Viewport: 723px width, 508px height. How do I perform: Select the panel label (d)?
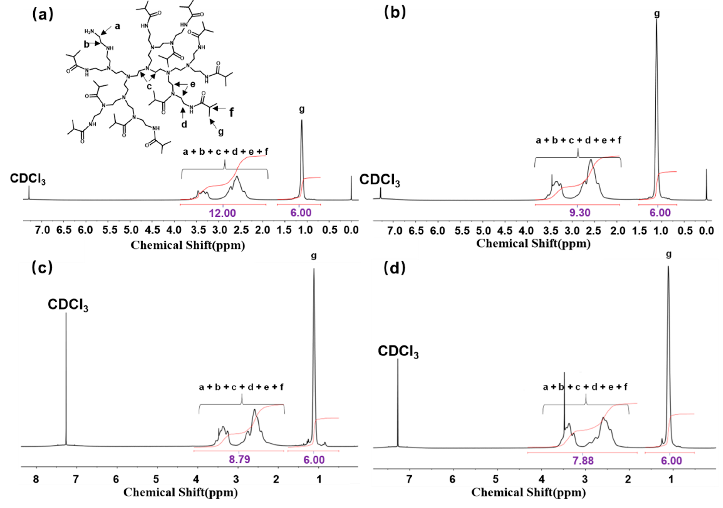(x=395, y=268)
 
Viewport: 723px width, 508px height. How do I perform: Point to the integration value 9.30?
(x=580, y=212)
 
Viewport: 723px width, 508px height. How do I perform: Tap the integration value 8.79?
(x=239, y=459)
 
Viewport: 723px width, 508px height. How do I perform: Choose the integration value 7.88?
(x=583, y=460)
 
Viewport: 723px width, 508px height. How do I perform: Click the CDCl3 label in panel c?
(x=68, y=305)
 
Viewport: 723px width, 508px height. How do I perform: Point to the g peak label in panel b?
(x=657, y=14)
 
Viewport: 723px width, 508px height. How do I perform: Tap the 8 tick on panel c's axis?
(x=36, y=479)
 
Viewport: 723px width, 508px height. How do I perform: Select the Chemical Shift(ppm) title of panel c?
(x=180, y=492)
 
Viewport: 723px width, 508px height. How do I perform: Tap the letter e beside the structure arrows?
(x=192, y=84)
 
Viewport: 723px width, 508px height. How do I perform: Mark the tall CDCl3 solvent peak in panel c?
(x=66, y=378)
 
